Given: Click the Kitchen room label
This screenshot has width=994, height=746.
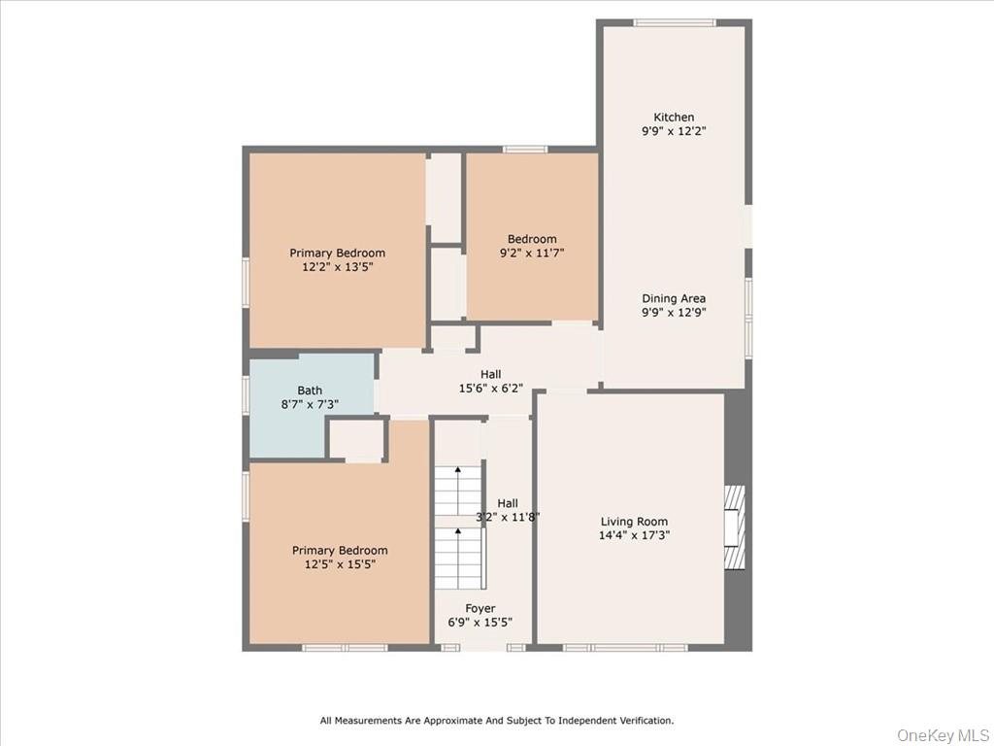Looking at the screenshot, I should point(673,118).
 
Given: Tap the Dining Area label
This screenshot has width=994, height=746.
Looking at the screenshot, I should point(673,299).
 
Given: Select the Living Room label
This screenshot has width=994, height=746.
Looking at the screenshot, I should point(634,522).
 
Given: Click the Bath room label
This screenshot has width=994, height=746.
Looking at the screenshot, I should point(310,390).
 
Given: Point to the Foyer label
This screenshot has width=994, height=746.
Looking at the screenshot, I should point(480,609).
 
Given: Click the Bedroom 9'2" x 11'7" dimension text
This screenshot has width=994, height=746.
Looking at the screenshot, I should point(532,253).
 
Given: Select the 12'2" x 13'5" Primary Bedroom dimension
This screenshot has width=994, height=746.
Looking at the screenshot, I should point(337,266).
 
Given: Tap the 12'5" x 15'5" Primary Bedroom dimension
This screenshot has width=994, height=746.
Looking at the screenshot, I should point(340,563).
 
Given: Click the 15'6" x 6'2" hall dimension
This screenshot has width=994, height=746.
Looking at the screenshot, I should point(490,388).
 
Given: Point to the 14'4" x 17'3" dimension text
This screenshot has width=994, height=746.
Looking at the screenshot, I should point(634,535).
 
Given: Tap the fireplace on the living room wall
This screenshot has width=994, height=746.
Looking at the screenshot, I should point(736,526).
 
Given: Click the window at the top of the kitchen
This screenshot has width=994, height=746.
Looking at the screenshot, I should point(674,22).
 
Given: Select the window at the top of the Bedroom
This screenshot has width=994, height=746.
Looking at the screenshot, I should point(525,150).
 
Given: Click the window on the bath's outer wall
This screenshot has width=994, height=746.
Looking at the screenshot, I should point(246,395).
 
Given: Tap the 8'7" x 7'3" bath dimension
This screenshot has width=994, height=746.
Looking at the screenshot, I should point(310,404).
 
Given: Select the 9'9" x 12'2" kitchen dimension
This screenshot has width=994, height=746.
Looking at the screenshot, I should point(673,131).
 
